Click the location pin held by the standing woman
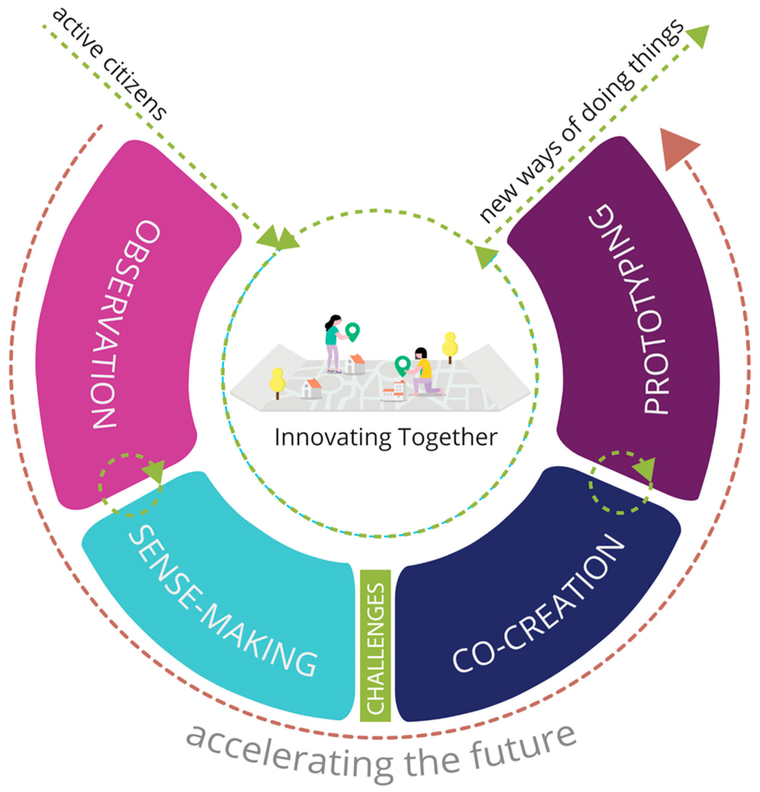click(352, 331)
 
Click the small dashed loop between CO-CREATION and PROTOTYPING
click(620, 483)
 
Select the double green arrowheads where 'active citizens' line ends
click(279, 238)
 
